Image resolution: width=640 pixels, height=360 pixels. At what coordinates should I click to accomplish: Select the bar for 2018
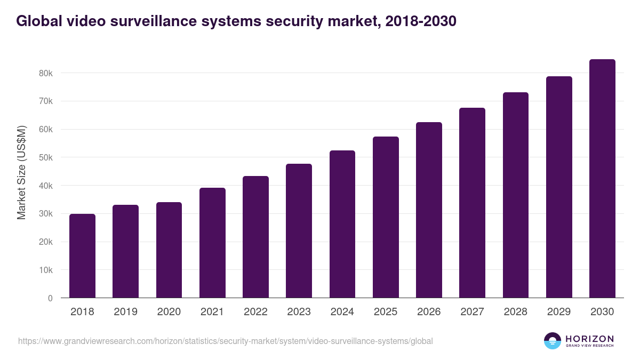coord(82,256)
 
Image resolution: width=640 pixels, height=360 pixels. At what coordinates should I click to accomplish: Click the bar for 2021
coord(212,243)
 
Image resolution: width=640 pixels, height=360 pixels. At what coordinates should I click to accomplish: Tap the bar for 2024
coord(342,224)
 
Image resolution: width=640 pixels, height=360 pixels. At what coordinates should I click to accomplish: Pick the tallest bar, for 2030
coord(602,179)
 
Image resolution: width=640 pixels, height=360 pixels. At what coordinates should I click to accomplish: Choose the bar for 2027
coord(472,203)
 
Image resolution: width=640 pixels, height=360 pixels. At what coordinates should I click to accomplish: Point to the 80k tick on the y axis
coord(46,73)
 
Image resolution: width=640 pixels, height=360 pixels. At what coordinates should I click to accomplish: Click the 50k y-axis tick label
coord(46,157)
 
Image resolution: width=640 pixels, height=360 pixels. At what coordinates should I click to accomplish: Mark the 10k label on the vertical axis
coord(46,270)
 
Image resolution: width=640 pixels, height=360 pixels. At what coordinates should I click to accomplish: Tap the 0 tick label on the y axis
coord(50,298)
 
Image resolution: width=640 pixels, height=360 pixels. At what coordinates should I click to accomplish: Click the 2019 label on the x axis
coord(125,312)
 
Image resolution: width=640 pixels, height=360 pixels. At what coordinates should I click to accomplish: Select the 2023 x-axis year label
coord(299,312)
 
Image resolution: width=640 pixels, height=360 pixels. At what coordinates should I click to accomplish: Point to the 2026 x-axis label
coord(429,312)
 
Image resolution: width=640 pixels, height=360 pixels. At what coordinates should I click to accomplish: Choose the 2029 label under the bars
coord(559,312)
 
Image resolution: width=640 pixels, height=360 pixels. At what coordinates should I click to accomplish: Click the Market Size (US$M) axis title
coord(21,172)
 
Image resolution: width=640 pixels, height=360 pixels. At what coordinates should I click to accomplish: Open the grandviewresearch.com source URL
coord(225,341)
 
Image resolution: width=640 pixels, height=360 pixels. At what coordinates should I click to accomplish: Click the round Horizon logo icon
coord(553,341)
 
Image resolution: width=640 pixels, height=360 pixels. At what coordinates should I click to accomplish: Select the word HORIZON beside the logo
coord(589,338)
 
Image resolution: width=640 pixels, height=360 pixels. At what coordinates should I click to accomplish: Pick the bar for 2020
coord(169,250)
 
